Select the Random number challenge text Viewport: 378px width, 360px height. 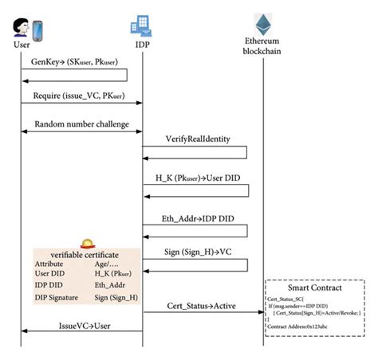81,124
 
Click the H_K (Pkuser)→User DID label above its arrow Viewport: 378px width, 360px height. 195,177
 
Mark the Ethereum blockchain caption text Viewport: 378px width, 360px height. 262,45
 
